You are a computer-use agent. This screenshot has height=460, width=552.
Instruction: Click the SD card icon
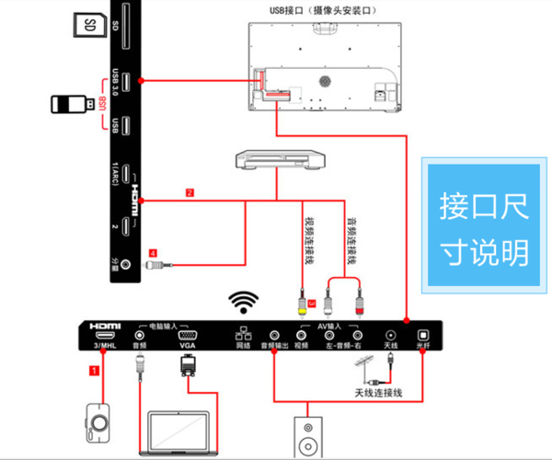[x=89, y=29]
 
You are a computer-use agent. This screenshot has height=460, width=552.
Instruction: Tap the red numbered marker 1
[x=93, y=370]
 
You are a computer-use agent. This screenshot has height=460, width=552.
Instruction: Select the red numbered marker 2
[x=190, y=193]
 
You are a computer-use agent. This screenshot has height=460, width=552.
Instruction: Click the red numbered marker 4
[x=155, y=249]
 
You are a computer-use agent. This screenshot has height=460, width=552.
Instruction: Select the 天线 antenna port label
[x=391, y=346]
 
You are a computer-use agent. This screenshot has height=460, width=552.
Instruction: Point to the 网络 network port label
[x=242, y=346]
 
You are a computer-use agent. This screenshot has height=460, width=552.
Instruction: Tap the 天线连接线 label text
[x=379, y=394]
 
